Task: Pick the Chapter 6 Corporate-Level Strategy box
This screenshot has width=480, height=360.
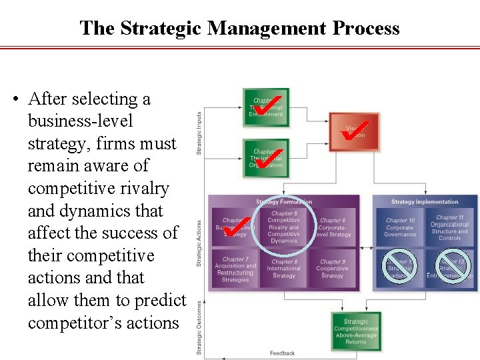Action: [332, 227]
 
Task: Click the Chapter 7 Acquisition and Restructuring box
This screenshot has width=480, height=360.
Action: [234, 269]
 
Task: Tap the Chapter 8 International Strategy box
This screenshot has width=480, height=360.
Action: [283, 269]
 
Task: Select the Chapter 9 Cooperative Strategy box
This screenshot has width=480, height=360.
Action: [332, 269]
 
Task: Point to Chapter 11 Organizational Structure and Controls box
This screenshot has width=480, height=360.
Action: [450, 227]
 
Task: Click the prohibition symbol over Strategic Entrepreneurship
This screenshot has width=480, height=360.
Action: [452, 265]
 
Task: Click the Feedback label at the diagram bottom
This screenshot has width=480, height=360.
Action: [282, 353]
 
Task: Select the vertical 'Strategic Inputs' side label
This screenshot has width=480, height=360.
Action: [199, 133]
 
